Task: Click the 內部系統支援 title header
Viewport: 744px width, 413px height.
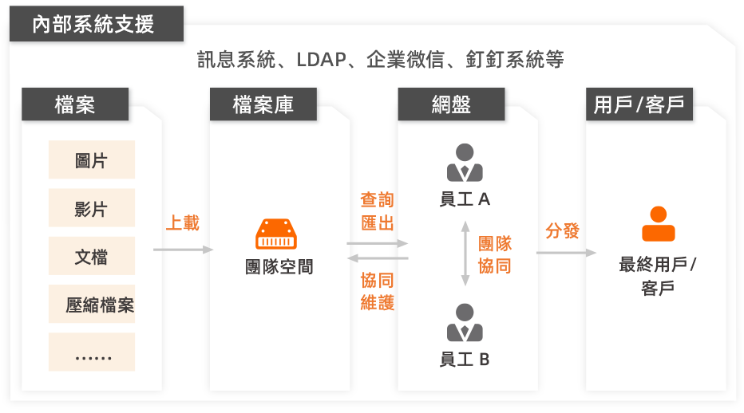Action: [x=94, y=24]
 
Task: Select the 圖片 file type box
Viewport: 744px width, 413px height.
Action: [x=92, y=160]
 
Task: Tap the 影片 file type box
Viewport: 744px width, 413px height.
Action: [x=92, y=209]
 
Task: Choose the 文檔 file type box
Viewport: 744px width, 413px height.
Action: [x=92, y=257]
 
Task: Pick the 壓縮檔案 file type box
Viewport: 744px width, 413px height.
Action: [x=92, y=305]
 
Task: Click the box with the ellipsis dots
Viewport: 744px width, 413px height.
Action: [x=92, y=352]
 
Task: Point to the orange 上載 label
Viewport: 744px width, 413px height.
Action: [x=182, y=222]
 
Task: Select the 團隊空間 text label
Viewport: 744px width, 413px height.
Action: [x=279, y=267]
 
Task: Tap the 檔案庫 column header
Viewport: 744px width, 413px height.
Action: [x=263, y=104]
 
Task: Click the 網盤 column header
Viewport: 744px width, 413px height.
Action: [x=451, y=104]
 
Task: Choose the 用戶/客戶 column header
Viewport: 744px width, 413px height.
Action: [x=639, y=104]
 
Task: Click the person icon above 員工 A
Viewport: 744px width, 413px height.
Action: [x=465, y=163]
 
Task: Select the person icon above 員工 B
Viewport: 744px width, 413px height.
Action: [x=465, y=323]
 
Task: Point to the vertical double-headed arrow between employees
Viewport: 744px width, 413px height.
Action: [x=465, y=254]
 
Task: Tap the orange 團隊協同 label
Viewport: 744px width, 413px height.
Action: [x=495, y=254]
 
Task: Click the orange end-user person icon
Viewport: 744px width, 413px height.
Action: [x=659, y=224]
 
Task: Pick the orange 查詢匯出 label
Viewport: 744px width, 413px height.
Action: [x=378, y=211]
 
